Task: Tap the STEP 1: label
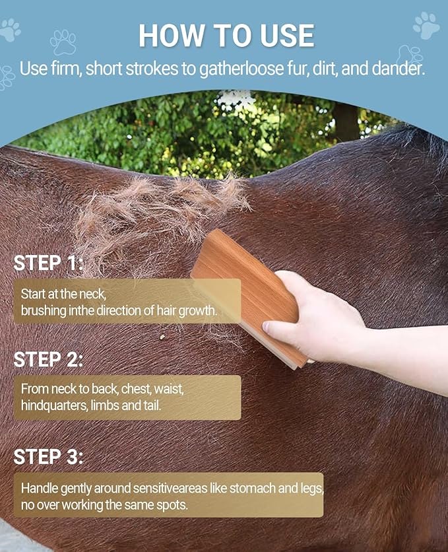coord(49,263)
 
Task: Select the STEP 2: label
coord(49,360)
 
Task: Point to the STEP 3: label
coord(49,456)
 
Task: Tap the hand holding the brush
coord(317,317)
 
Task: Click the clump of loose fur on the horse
coord(158,211)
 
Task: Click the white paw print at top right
coord(426,25)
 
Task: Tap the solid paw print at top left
coord(10,30)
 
